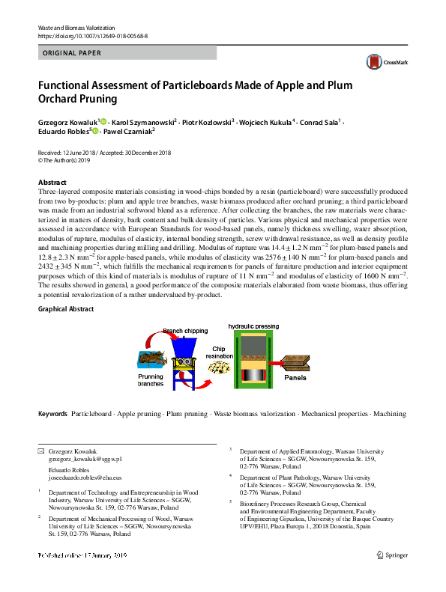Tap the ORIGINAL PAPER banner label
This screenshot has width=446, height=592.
pyautogui.click(x=73, y=53)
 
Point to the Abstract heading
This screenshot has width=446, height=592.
pyautogui.click(x=53, y=183)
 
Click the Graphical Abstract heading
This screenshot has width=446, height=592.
pyautogui.click(x=66, y=308)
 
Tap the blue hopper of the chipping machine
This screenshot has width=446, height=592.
pyautogui.click(x=184, y=344)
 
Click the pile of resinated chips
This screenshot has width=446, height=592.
pyautogui.click(x=219, y=367)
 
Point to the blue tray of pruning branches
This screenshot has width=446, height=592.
pyautogui.click(x=152, y=359)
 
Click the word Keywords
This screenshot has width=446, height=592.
pyautogui.click(x=52, y=413)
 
